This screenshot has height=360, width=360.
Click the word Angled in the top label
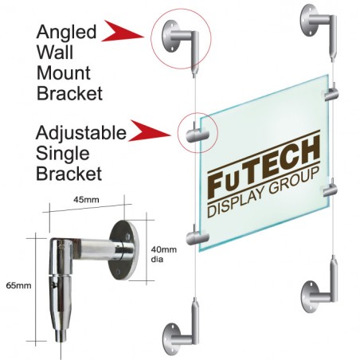click(66, 33)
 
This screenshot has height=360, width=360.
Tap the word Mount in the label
click(64, 72)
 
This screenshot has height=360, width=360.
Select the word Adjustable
click(81, 134)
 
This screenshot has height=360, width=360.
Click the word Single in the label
click(62, 154)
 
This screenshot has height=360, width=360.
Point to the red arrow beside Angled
click(122, 31)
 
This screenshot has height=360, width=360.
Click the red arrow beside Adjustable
click(149, 131)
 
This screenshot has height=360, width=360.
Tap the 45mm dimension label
click(86, 199)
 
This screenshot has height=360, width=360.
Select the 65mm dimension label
click(18, 286)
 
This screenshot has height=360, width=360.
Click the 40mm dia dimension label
click(164, 254)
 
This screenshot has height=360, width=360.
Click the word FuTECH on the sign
click(264, 167)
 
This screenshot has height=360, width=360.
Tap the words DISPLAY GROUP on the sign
click(263, 193)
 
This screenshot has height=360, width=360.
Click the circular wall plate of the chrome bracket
click(124, 250)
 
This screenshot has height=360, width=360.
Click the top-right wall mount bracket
click(319, 29)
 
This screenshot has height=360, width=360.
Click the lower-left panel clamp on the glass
click(198, 237)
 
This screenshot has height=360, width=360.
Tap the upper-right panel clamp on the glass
click(331, 93)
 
